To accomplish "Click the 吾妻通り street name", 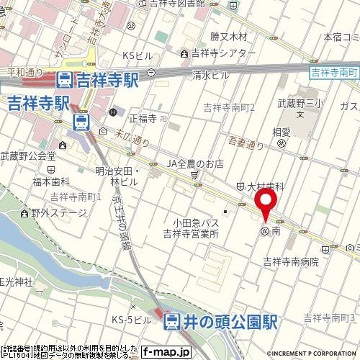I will (x=246, y=144).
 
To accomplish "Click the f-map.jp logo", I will (x=165, y=352).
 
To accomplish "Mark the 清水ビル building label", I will (x=210, y=74).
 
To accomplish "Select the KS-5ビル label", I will (x=130, y=319).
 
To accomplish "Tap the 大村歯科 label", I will (x=262, y=186).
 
